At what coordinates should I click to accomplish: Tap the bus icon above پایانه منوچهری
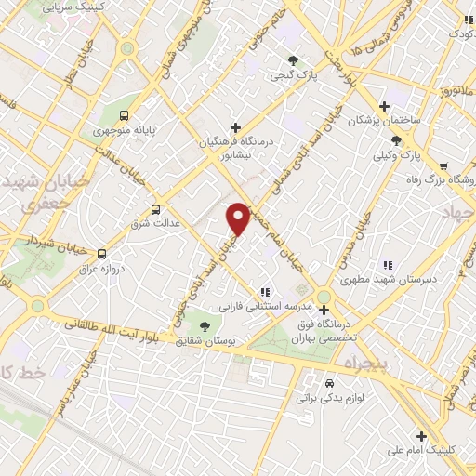[124, 116]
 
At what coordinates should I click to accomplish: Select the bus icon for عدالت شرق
[155, 209]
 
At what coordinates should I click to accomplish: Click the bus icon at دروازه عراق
[101, 254]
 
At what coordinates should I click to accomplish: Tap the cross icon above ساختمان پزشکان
[384, 106]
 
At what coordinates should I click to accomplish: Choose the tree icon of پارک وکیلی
[398, 139]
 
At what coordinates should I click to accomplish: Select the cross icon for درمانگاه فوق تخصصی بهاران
[324, 310]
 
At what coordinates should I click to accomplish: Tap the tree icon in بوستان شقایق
[204, 325]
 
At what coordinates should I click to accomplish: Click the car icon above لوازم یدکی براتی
[330, 383]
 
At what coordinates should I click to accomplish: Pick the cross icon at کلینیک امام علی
[421, 434]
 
